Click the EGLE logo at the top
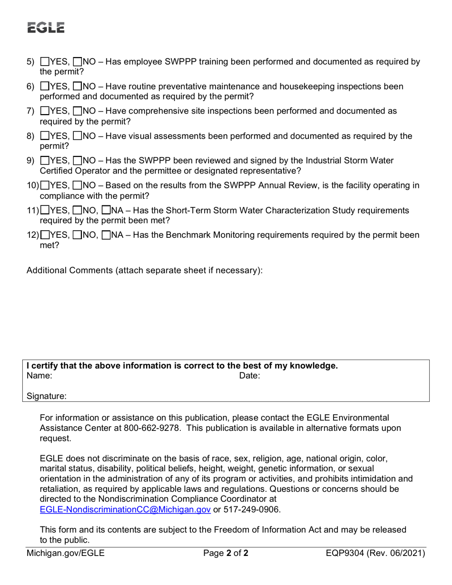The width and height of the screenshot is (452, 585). tap(45, 28)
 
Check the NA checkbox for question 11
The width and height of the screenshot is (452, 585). tap(107, 211)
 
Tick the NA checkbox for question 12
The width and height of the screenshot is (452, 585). tap(107, 235)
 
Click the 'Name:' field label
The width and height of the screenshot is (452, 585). tap(39, 376)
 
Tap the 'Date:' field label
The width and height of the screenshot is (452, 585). tap(249, 376)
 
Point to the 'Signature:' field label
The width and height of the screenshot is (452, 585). tap(47, 396)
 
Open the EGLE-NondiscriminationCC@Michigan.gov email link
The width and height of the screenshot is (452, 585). tap(125, 509)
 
